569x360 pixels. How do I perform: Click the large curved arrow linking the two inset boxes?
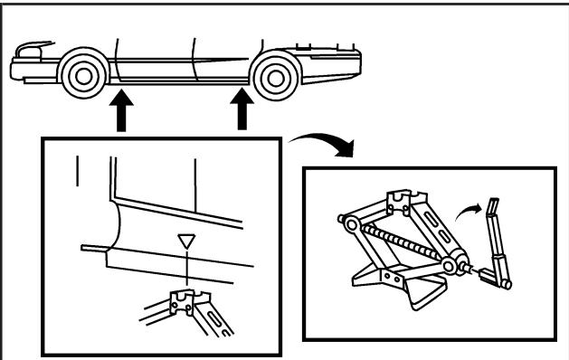tap(317, 144)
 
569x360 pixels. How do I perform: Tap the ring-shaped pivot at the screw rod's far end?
tap(343, 221)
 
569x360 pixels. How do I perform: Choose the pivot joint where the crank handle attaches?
tap(450, 263)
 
